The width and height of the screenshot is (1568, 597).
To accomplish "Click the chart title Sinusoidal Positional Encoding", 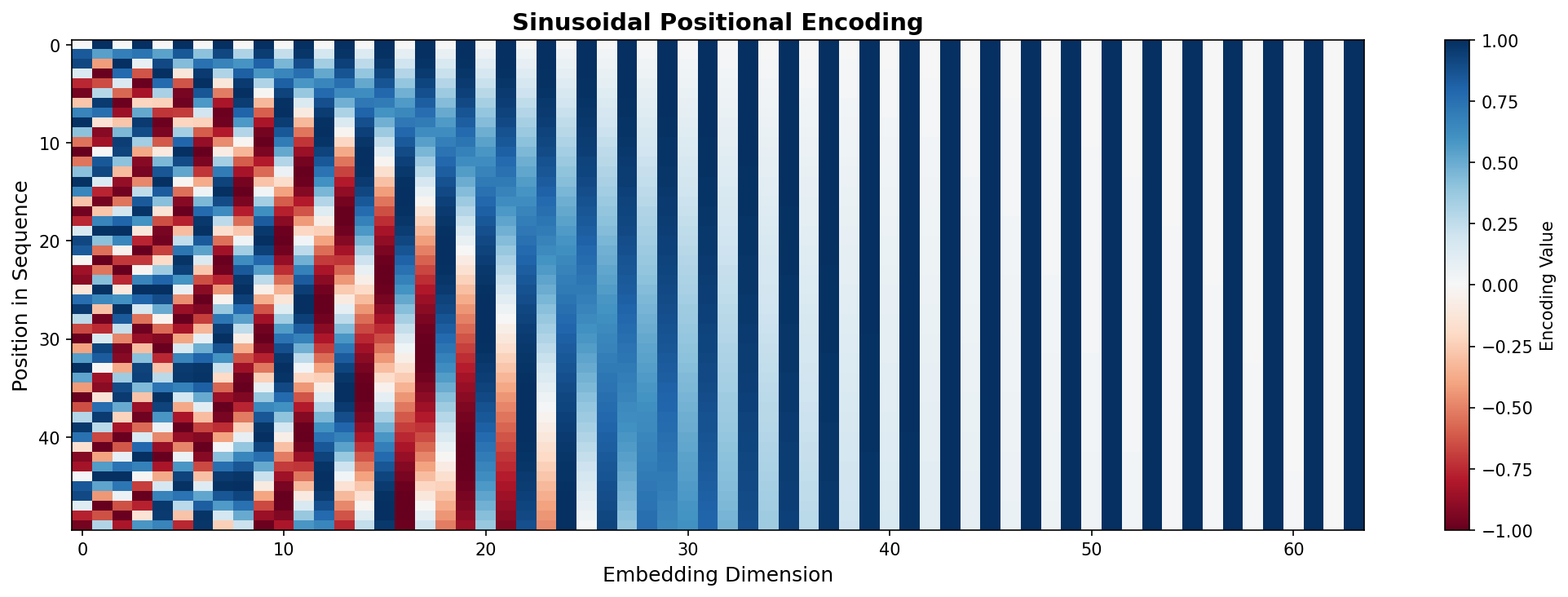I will coord(718,22).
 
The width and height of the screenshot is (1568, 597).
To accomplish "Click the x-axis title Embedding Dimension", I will coord(718,575).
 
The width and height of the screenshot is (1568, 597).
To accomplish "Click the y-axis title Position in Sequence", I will coord(21,285).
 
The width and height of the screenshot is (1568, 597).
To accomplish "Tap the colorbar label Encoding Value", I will coord(1547,285).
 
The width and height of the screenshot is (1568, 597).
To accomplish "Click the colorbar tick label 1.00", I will coord(1490,41).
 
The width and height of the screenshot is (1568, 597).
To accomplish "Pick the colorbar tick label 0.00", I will coord(1490,285).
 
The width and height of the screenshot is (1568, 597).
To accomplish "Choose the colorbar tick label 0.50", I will coord(1490,163).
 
